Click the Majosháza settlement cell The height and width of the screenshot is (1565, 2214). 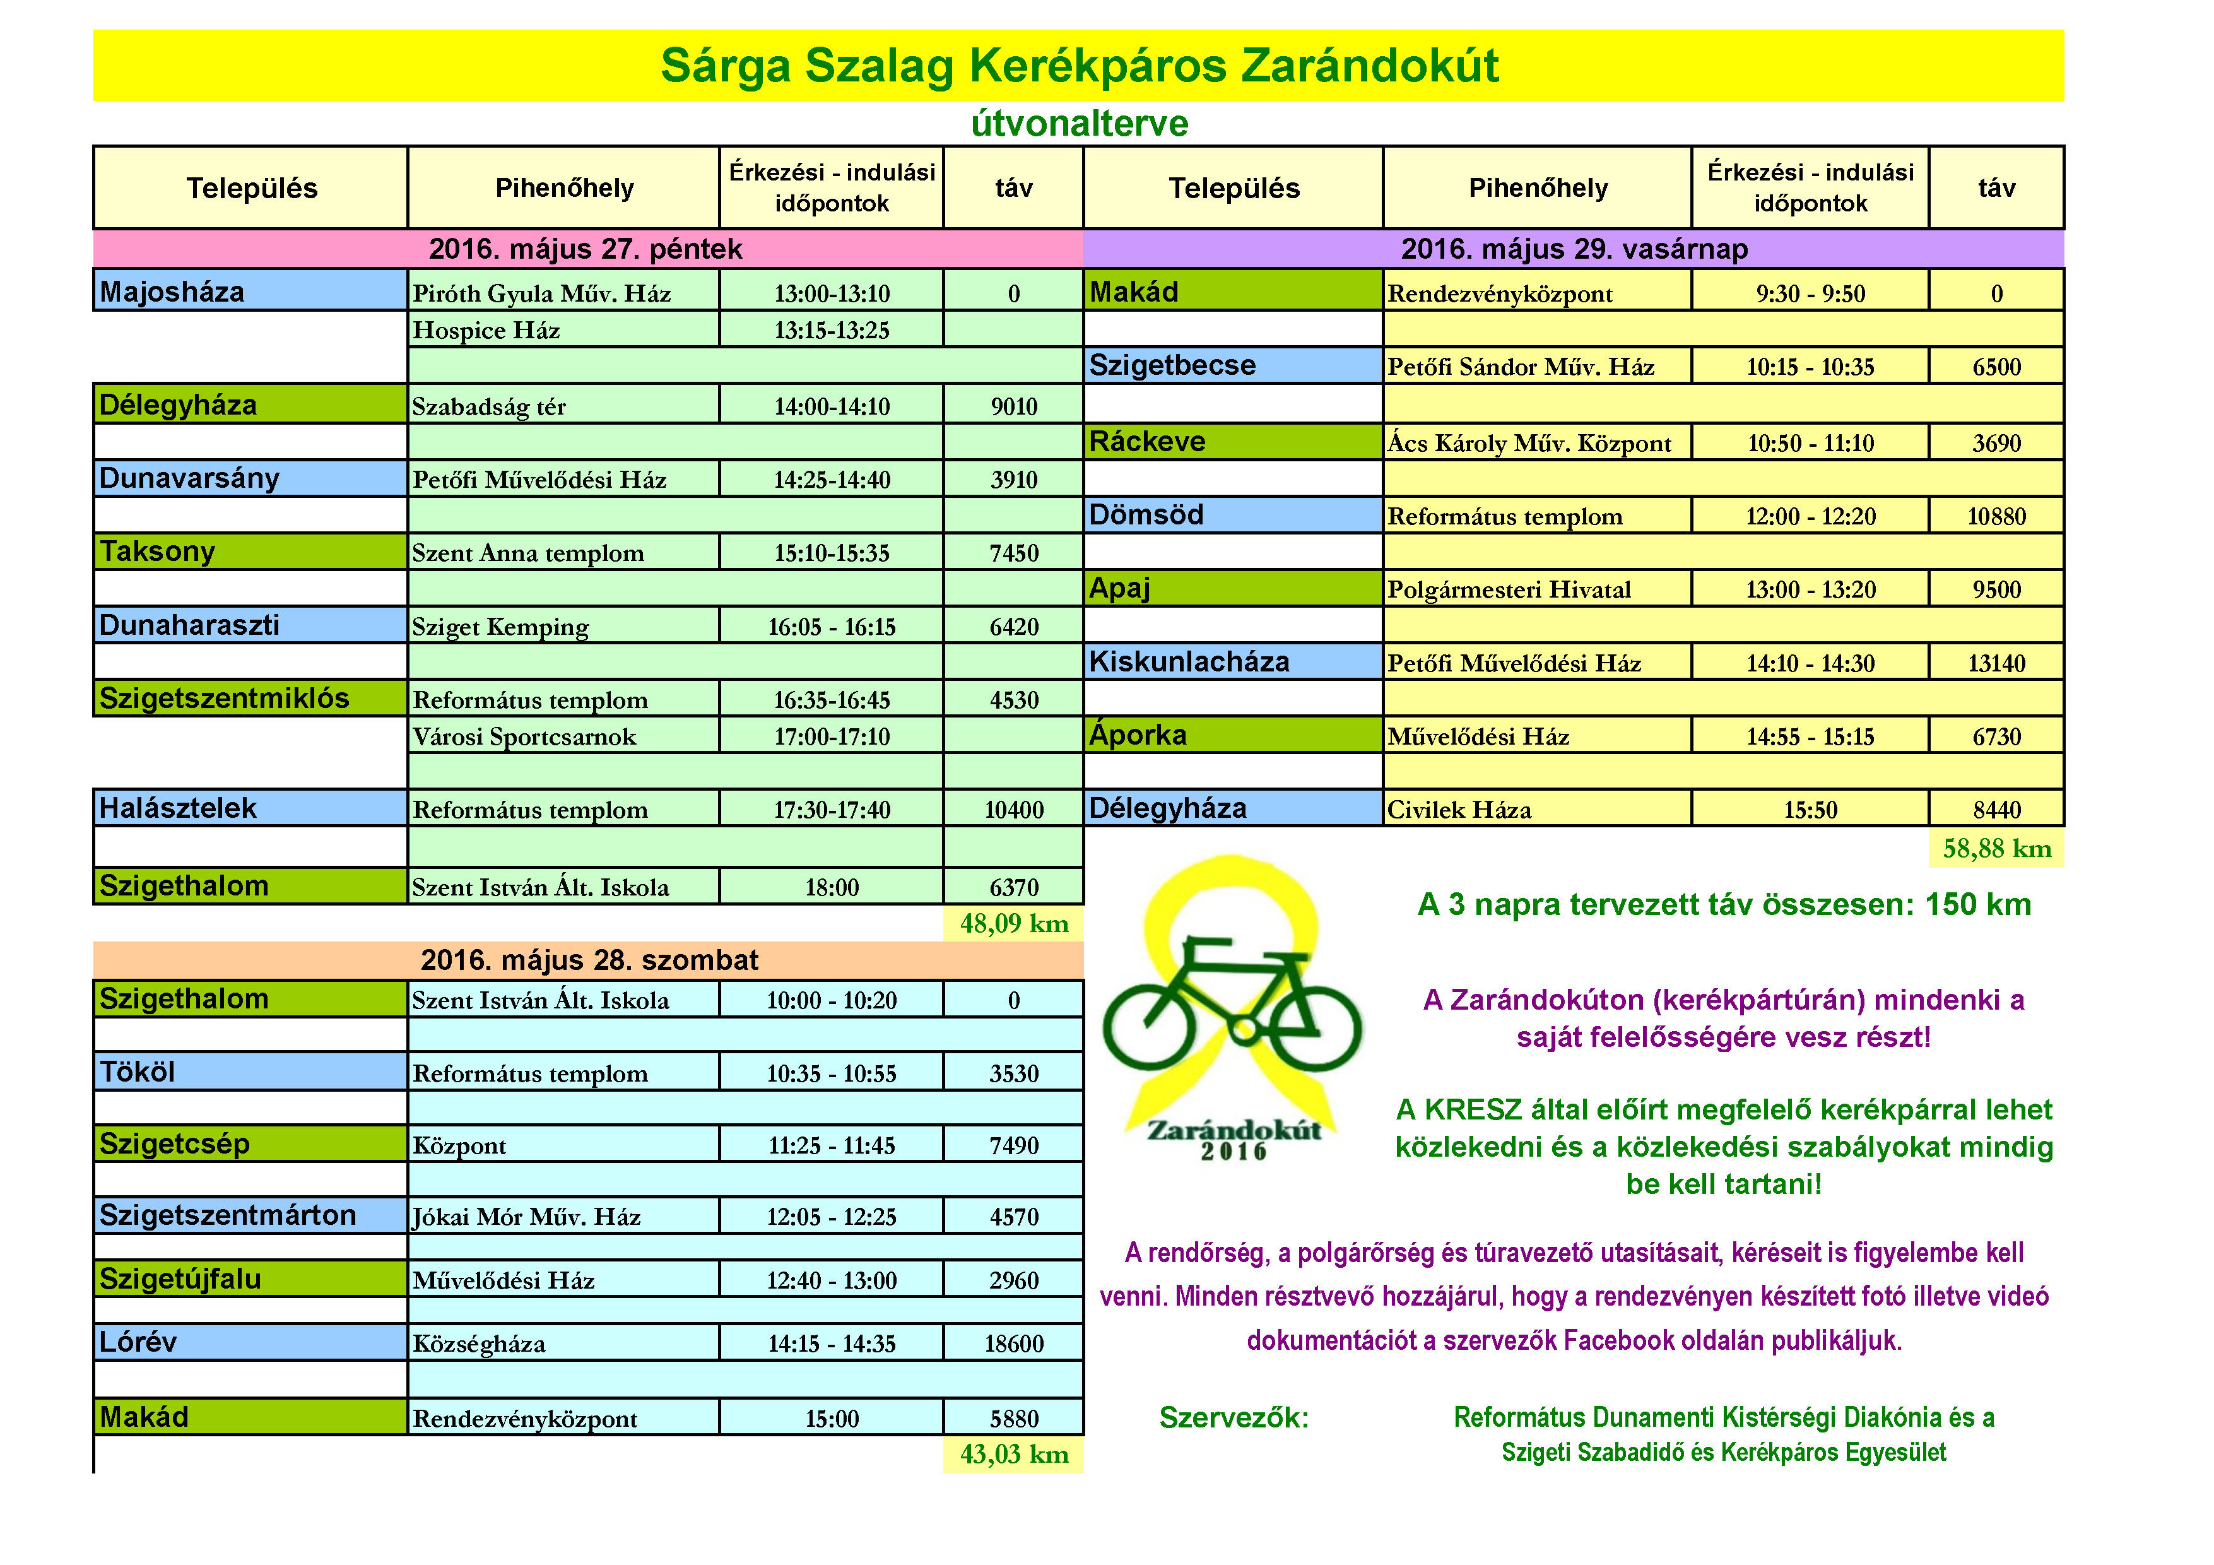250,291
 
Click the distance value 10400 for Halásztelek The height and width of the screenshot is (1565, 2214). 1013,810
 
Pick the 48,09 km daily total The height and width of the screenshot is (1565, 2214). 1013,924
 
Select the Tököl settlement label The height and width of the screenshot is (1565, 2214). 250,1072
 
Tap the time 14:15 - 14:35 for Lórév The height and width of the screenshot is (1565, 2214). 831,1344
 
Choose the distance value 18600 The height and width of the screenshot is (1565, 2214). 1013,1344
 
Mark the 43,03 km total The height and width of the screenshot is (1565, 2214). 1013,1454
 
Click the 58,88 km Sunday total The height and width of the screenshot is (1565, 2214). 1996,849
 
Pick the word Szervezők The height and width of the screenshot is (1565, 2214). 1234,1417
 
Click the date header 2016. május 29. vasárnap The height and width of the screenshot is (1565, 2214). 1574,249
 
